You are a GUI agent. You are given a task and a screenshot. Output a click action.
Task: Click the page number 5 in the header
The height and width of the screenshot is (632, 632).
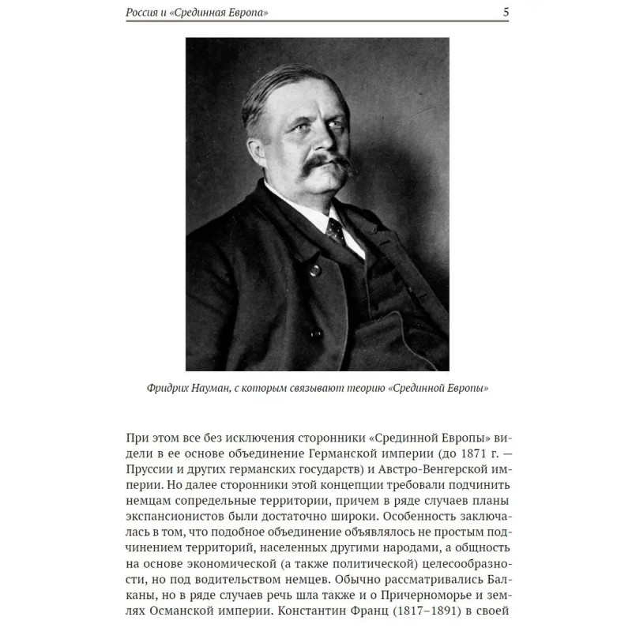tap(505, 12)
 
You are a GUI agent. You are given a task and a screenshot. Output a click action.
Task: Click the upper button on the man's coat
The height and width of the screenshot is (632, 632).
tap(315, 269)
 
